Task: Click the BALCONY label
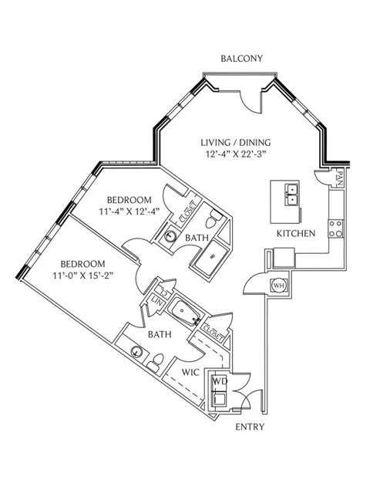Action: pyautogui.click(x=241, y=59)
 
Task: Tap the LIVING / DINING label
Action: pyautogui.click(x=236, y=142)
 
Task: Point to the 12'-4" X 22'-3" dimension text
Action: pyautogui.click(x=236, y=154)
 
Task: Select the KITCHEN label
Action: pyautogui.click(x=296, y=233)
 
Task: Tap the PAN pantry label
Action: pyautogui.click(x=339, y=178)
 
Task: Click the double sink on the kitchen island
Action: pyautogui.click(x=292, y=195)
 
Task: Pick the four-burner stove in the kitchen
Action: pyautogui.click(x=336, y=228)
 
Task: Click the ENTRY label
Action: pyautogui.click(x=250, y=427)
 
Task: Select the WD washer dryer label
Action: pyautogui.click(x=219, y=381)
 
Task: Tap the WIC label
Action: pyautogui.click(x=190, y=372)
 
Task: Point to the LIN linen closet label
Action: pyautogui.click(x=156, y=303)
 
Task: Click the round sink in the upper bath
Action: pyautogui.click(x=170, y=236)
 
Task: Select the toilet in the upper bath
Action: pyautogui.click(x=214, y=218)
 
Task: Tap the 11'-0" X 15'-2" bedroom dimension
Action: pyautogui.click(x=83, y=276)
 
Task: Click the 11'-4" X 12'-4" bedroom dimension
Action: pyautogui.click(x=129, y=211)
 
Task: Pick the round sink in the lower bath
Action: pyautogui.click(x=136, y=351)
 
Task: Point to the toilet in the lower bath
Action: pyautogui.click(x=155, y=363)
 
